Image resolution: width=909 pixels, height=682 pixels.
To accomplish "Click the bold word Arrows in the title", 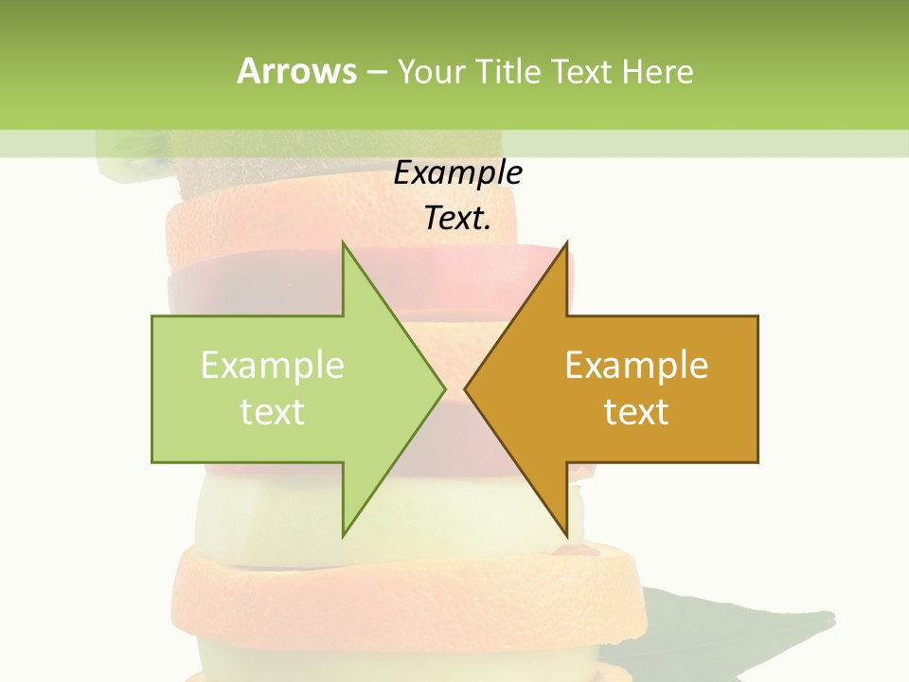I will pyautogui.click(x=296, y=71).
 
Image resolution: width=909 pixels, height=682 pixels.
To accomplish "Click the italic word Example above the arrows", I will pyautogui.click(x=457, y=173).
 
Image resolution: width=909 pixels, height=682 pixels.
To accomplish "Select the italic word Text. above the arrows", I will pyautogui.click(x=457, y=219).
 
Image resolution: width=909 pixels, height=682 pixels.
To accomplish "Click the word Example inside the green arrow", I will pyautogui.click(x=273, y=366).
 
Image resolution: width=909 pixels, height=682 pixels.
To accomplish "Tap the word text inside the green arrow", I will pyautogui.click(x=273, y=412).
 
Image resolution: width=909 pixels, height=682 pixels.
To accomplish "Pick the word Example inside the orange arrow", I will pyautogui.click(x=636, y=366).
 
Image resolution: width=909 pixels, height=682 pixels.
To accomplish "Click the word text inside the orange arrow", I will pyautogui.click(x=636, y=412).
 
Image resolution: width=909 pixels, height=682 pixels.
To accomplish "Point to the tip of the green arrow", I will pyautogui.click(x=444, y=388).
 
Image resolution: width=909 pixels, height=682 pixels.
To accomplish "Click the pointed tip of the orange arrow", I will pyautogui.click(x=465, y=388).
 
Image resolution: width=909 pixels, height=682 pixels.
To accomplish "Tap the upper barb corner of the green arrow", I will pyautogui.click(x=343, y=242).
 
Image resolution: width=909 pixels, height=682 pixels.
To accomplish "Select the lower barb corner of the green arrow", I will pyautogui.click(x=343, y=535).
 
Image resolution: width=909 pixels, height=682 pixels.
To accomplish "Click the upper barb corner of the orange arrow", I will pyautogui.click(x=566, y=242).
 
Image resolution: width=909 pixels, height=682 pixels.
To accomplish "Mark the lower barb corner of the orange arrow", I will pyautogui.click(x=566, y=535).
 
